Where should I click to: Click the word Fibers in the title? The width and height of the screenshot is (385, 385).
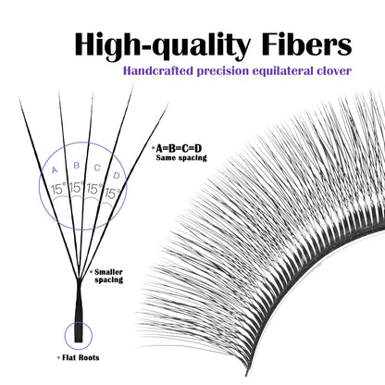306,45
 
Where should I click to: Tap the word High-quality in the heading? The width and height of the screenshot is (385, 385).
162,46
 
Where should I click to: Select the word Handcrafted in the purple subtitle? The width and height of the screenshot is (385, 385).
158,71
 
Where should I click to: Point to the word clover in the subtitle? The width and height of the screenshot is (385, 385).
334,71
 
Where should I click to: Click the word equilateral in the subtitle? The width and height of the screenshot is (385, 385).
282,71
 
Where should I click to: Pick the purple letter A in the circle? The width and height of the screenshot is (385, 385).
55,170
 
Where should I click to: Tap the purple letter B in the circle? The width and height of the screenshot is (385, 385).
77,166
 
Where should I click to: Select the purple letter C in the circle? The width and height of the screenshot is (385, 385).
97,168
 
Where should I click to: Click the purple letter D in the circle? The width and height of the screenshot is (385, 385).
117,176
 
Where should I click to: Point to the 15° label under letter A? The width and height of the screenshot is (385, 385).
58,189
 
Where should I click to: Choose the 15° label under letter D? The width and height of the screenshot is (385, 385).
113,193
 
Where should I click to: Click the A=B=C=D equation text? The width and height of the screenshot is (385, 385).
179,149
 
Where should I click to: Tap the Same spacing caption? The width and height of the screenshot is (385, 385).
181,157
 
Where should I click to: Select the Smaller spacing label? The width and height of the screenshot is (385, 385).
108,276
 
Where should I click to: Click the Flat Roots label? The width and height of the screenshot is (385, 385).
81,358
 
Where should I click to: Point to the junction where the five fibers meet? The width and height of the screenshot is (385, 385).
79,279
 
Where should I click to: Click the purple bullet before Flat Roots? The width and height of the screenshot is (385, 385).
58,358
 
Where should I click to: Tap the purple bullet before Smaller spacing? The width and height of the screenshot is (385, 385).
91,272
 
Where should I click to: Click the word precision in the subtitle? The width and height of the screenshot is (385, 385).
223,71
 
